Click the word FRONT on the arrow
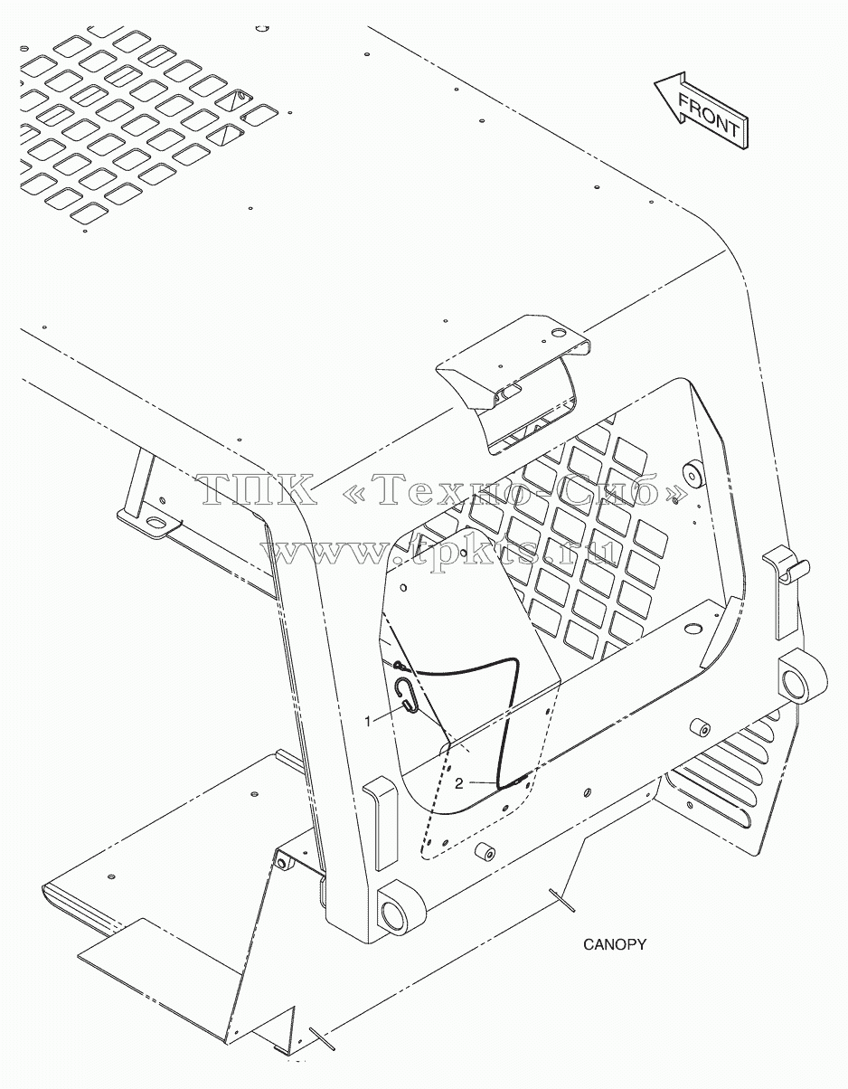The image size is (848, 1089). click(708, 116)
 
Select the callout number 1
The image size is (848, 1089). click(368, 721)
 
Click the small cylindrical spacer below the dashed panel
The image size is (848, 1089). click(485, 851)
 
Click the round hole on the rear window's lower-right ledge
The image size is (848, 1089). click(693, 628)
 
